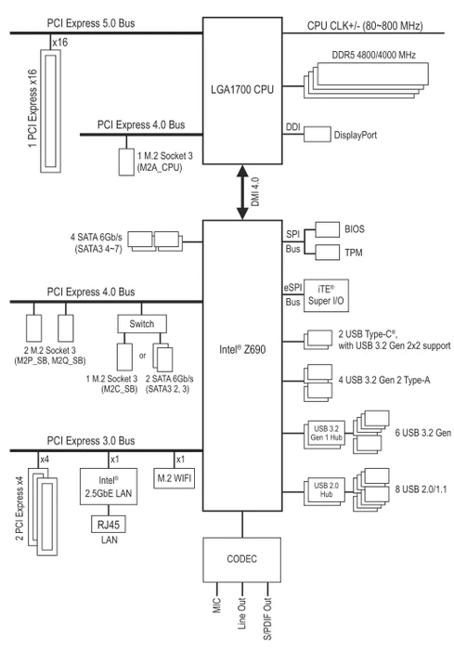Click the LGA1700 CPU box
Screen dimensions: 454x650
point(242,90)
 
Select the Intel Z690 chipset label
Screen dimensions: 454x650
point(242,349)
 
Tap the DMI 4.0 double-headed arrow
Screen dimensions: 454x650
point(242,192)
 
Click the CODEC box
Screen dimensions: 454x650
point(241,560)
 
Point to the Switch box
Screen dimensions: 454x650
point(142,324)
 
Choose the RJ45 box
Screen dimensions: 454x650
point(109,525)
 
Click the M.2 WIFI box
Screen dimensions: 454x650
point(175,478)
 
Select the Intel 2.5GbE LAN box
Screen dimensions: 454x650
point(109,487)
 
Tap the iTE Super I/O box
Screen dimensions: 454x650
point(326,295)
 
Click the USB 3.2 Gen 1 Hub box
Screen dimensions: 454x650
point(326,434)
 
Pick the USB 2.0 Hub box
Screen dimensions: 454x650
point(326,490)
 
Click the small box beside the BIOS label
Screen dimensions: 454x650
point(327,229)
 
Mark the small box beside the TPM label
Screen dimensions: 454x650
point(327,252)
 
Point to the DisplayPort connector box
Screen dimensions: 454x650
point(318,135)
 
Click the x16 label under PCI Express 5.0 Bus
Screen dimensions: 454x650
point(60,43)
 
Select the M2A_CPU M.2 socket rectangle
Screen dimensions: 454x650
point(126,162)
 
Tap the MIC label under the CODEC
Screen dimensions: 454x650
point(217,605)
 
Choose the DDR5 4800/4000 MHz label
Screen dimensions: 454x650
point(373,55)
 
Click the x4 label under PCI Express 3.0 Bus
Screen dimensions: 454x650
point(45,460)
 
